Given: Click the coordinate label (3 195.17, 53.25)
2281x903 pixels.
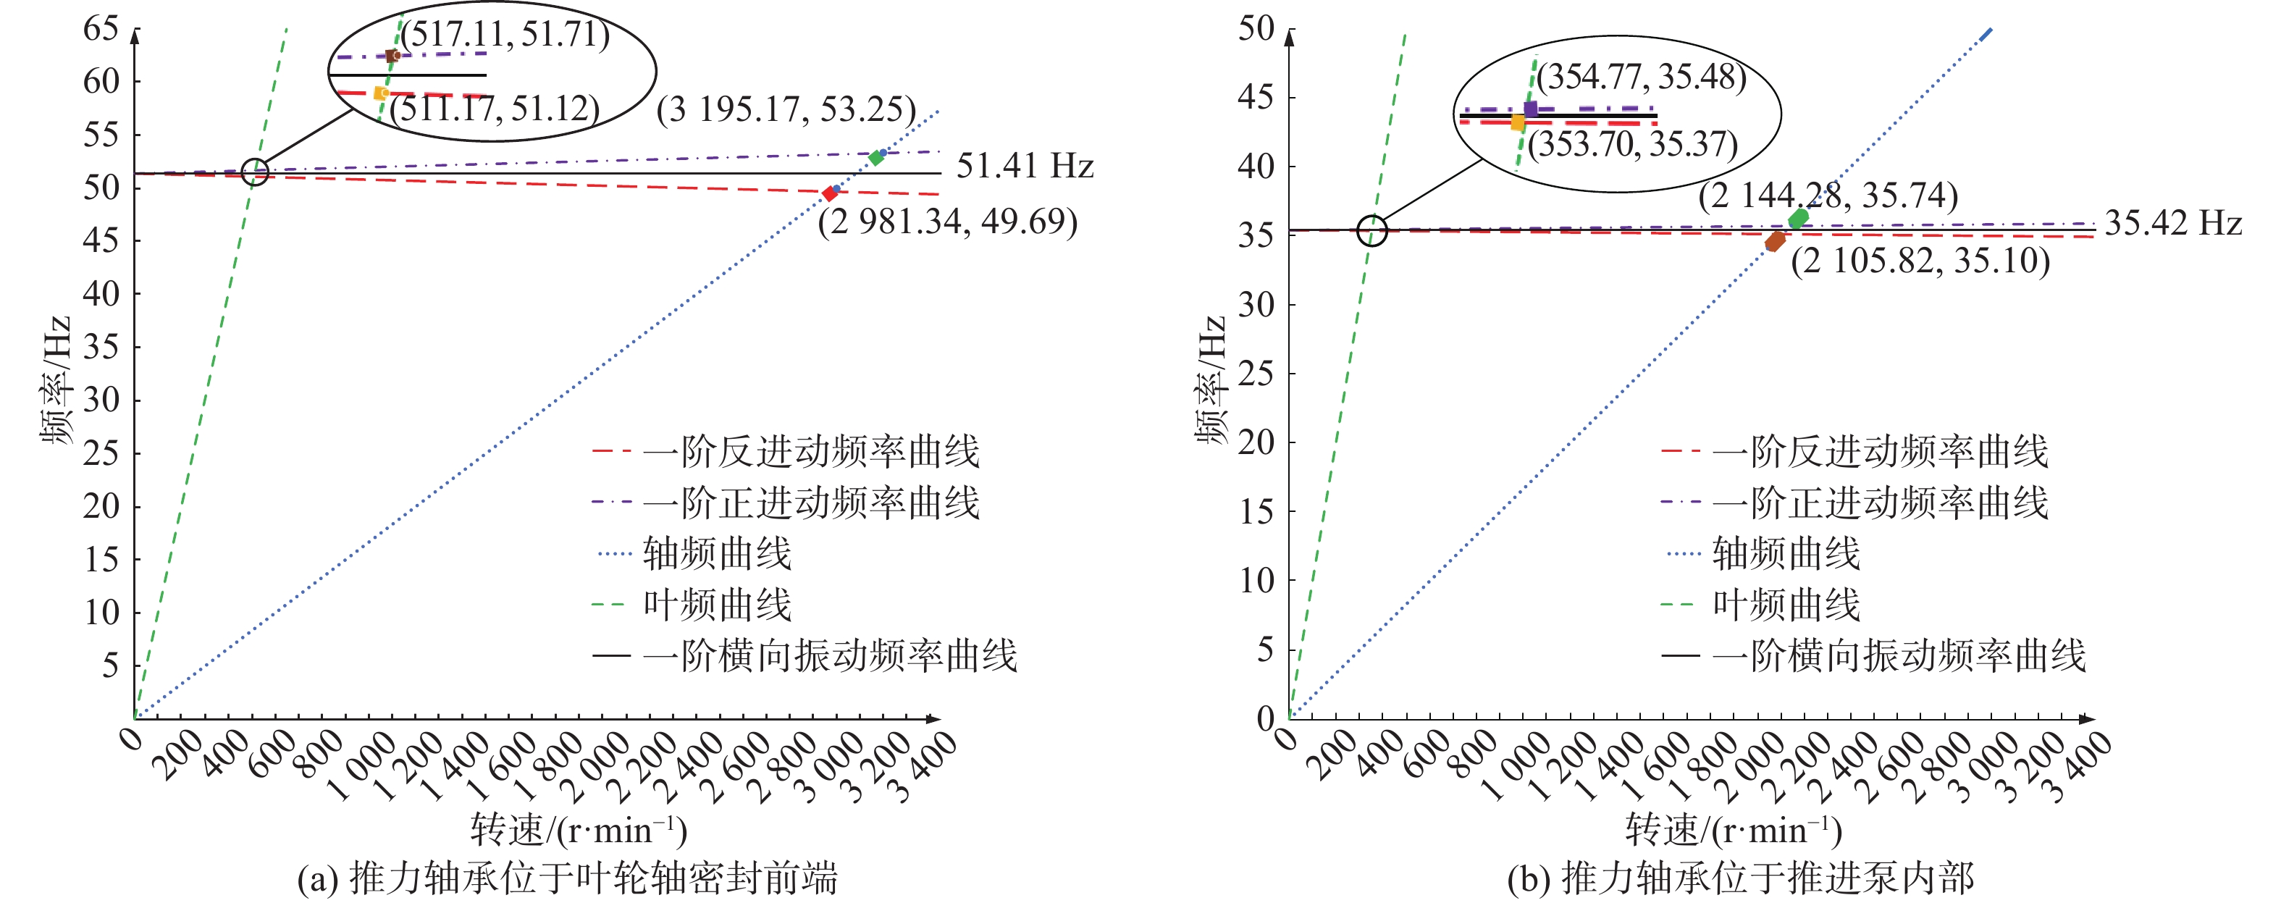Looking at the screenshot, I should tap(786, 110).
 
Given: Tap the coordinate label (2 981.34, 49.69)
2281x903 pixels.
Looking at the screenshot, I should tap(947, 222).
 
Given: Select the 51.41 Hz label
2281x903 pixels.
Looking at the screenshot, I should tap(1025, 166).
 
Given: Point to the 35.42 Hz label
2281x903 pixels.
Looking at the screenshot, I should tap(2173, 222).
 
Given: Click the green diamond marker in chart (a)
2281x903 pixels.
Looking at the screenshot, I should tap(875, 158).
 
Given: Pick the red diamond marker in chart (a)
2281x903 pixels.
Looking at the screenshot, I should tap(830, 193).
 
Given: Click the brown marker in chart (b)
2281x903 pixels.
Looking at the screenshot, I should tap(1775, 242).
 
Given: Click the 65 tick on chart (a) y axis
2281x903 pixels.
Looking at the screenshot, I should tap(101, 28).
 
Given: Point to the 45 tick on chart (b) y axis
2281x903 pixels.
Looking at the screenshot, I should tap(1256, 97).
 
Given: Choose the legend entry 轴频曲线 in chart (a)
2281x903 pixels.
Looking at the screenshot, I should tap(716, 554).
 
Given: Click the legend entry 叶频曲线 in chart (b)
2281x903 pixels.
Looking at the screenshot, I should tap(1785, 605).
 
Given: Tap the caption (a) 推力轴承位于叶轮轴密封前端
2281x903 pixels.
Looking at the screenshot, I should tap(567, 879).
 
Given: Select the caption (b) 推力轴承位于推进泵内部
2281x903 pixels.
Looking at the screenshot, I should tap(1741, 879).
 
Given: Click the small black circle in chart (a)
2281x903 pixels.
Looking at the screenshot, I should tap(255, 171).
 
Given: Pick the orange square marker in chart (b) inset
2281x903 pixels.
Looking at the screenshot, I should tap(1518, 123).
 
